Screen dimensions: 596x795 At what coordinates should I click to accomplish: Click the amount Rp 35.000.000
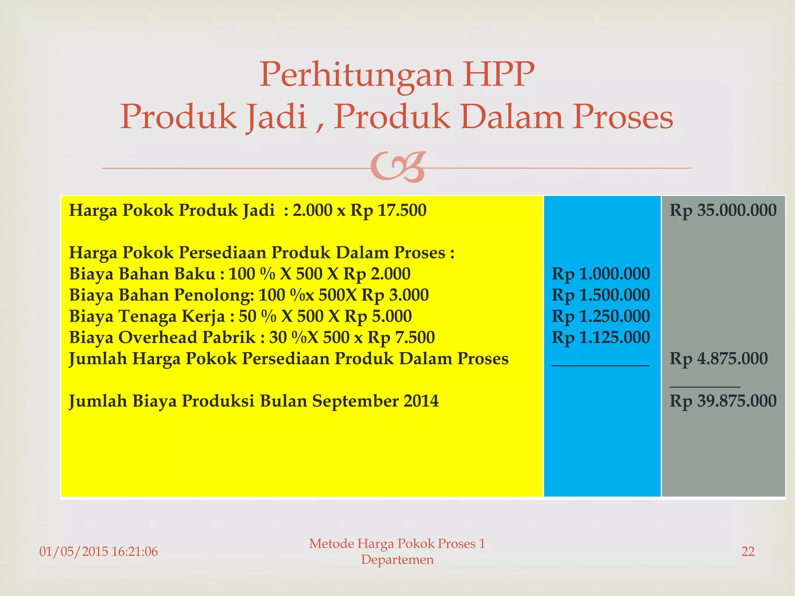[x=723, y=210]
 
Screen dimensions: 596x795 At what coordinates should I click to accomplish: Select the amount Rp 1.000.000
[x=601, y=274]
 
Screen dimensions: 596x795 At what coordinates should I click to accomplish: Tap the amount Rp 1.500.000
[x=601, y=295]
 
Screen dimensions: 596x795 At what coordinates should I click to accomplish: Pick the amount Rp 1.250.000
[x=601, y=316]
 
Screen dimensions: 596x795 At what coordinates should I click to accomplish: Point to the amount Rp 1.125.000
[x=601, y=338]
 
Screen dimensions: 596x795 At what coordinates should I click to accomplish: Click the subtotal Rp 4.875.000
[x=719, y=359]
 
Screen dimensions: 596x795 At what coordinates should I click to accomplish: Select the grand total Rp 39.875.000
[x=723, y=401]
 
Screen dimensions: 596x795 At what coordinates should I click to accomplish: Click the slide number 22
[x=748, y=551]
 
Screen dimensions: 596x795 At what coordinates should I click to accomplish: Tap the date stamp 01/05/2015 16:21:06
[x=99, y=551]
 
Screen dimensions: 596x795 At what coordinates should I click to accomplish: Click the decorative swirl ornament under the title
[x=398, y=167]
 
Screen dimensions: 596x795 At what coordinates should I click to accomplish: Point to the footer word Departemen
[x=397, y=560]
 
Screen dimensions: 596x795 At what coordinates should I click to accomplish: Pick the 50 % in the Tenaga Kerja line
[x=257, y=316]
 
